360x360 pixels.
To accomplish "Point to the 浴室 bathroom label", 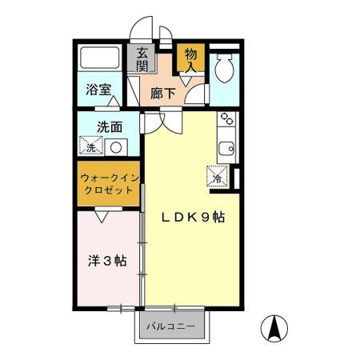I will (98, 90).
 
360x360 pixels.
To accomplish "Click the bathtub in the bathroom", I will (100, 58).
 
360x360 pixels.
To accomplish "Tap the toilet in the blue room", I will (225, 67).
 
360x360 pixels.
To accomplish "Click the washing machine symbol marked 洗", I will (92, 147).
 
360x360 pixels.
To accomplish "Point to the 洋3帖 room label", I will (106, 260).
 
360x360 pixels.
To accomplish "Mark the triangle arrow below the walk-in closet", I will (102, 215).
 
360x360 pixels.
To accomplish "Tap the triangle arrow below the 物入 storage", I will (190, 100).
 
